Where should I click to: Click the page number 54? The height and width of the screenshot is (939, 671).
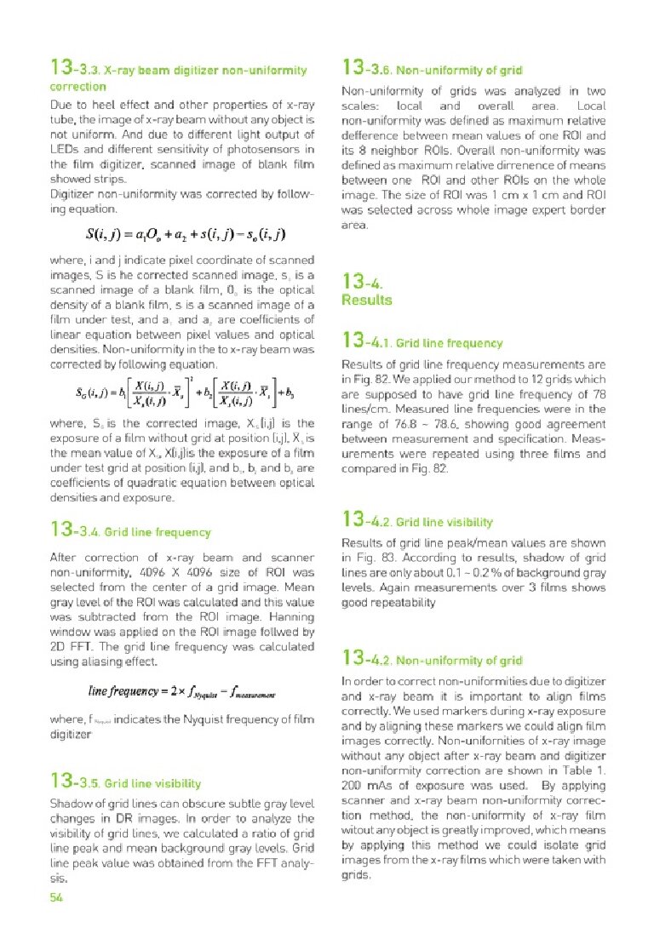[x=58, y=898]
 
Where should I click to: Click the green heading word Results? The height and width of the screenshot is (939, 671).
[x=366, y=300]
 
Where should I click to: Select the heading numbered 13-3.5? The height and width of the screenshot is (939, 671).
[x=125, y=782]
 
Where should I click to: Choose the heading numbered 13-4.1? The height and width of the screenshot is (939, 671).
[x=422, y=342]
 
